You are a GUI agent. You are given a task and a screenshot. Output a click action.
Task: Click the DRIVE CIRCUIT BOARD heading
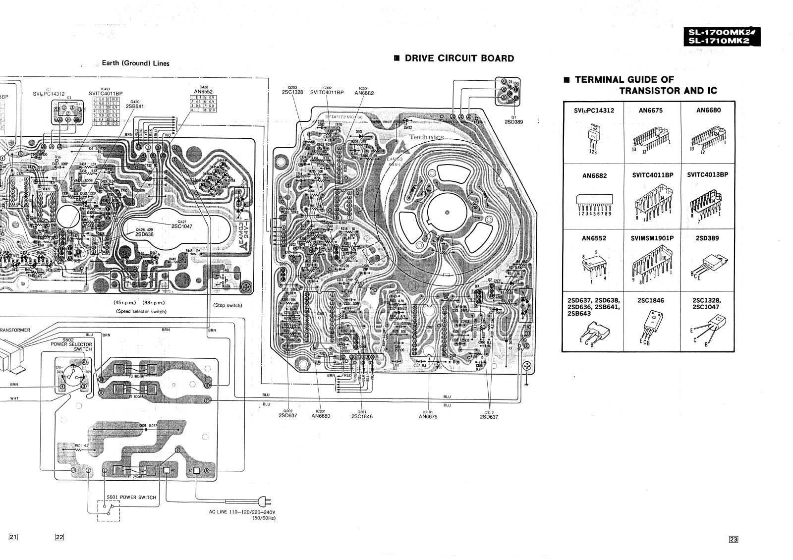459,58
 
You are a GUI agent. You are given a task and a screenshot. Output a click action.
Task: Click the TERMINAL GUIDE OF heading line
624,79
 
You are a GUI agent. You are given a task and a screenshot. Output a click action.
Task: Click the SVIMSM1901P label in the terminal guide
652,238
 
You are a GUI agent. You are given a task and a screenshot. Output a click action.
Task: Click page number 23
734,540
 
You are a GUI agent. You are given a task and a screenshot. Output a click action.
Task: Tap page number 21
13,537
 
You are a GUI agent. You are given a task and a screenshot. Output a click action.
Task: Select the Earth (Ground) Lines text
135,63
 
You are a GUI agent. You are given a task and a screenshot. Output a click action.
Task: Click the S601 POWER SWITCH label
131,497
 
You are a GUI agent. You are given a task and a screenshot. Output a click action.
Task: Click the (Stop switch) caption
227,305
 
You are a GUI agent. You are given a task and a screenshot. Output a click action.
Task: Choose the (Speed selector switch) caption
141,311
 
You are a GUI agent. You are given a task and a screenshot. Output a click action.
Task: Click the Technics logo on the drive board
427,137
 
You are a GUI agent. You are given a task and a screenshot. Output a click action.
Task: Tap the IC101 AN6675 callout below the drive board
428,414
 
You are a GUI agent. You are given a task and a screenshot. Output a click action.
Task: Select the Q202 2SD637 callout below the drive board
288,413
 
